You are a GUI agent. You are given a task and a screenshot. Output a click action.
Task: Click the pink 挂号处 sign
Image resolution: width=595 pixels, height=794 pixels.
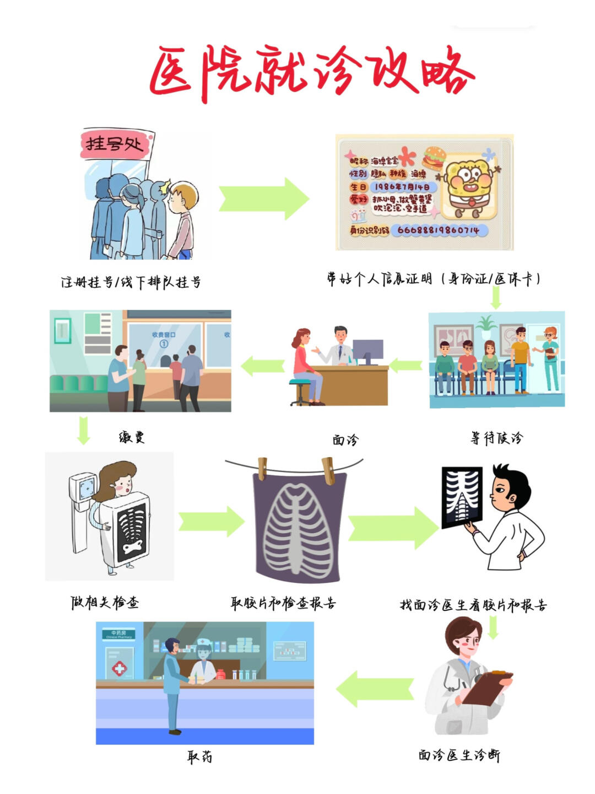(115, 144)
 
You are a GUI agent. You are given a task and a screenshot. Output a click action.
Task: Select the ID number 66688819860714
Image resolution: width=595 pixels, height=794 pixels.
(438, 230)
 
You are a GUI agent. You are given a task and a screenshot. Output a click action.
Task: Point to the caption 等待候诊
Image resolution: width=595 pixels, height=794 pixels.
(496, 438)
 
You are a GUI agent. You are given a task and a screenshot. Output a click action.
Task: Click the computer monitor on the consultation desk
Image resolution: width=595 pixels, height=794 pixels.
(367, 351)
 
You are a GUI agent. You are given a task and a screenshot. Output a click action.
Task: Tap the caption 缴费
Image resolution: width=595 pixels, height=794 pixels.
(132, 437)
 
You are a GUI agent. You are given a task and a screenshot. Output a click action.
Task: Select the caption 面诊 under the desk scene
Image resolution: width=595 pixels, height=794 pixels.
(345, 439)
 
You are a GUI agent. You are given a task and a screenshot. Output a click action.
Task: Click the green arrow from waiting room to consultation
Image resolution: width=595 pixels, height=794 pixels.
(406, 364)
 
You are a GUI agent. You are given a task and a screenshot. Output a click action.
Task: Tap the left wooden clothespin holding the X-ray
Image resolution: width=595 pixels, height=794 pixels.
(262, 468)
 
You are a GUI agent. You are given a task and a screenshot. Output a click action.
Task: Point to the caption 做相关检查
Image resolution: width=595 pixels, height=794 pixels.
(105, 602)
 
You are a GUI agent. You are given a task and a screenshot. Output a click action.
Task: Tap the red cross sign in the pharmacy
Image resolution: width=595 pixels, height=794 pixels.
(120, 669)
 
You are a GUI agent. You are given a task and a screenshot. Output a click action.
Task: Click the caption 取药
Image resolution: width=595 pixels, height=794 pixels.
(199, 757)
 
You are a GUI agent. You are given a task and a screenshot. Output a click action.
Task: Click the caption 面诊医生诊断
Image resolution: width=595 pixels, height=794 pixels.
(459, 755)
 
